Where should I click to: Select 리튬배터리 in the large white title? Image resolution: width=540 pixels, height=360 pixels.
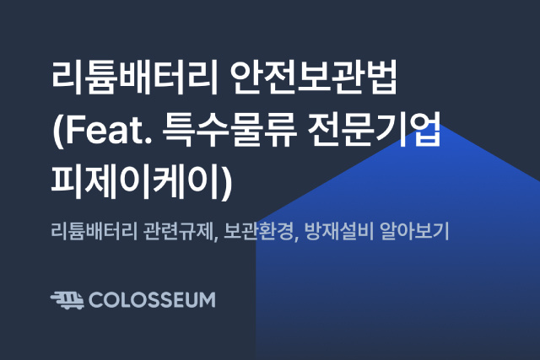tap(135, 78)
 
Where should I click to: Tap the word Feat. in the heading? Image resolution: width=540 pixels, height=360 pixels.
tap(108, 130)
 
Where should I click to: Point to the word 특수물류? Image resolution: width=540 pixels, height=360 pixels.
tap(230, 130)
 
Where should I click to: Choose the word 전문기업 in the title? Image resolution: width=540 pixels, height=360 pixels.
tap(375, 130)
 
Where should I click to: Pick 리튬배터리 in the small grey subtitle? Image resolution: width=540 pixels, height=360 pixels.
tap(93, 231)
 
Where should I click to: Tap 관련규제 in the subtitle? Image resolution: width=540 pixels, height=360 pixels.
tap(179, 231)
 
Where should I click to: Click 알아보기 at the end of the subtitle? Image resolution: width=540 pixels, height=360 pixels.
tap(414, 231)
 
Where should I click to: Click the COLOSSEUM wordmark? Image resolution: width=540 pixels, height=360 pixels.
tap(152, 300)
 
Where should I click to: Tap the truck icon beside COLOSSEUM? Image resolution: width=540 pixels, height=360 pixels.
tap(67, 300)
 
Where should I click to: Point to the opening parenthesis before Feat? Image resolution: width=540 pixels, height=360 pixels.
tap(57, 131)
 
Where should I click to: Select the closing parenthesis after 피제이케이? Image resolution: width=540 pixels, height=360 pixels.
tap(227, 183)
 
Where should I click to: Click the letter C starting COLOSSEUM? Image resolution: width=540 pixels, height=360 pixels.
tap(95, 300)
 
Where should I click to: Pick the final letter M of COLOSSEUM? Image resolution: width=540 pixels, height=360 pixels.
tap(207, 300)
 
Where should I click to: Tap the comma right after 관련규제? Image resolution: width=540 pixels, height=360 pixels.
tap(216, 238)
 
